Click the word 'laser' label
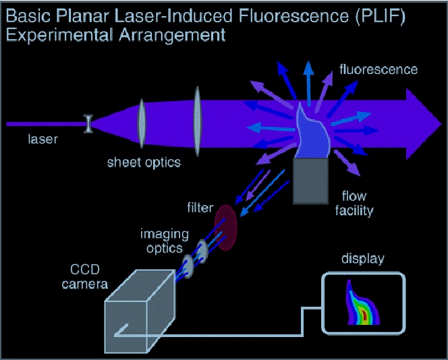(43, 140)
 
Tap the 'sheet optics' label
(144, 162)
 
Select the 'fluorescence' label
(378, 69)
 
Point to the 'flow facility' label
(354, 204)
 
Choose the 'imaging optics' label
(161, 241)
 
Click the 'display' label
(362, 259)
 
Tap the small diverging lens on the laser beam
(87, 123)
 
